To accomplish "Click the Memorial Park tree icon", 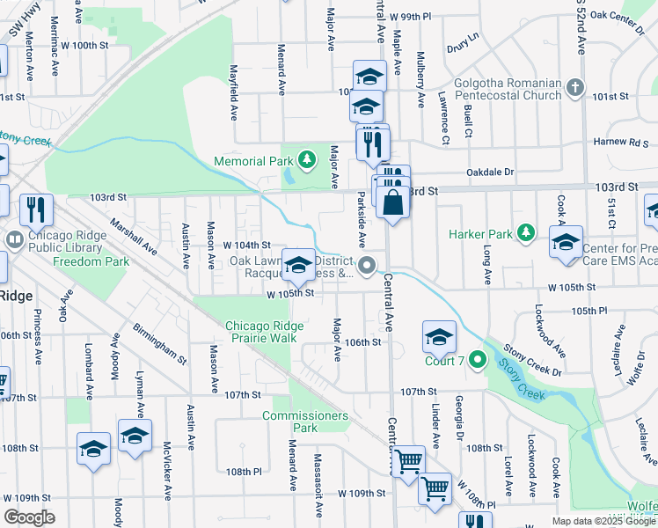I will pos(306,160).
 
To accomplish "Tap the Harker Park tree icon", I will pos(526,233).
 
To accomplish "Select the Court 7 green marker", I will pos(477,359).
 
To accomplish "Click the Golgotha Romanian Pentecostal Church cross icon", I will pos(575,87).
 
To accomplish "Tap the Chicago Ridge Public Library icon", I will pos(15,238).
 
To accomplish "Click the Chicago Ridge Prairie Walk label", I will pos(264,332).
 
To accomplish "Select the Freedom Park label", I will pos(91,261).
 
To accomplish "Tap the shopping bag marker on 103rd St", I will pos(392,203).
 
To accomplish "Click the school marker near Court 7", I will pos(439,336).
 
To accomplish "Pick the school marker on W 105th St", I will pos(298,264).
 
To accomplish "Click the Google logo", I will pos(29,517).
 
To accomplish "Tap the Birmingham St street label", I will pos(160,343).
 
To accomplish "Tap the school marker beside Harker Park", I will pos(566,243).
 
